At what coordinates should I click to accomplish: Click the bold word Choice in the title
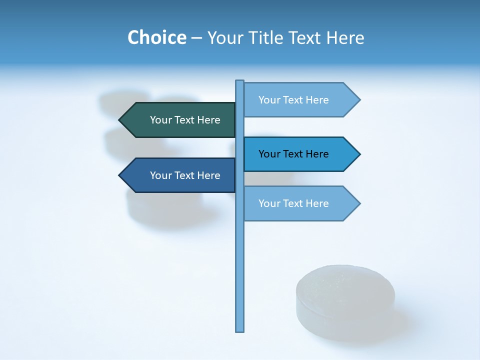coord(156,37)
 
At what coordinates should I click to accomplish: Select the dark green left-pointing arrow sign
coord(180,120)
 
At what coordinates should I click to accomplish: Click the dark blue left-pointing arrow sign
coord(180,175)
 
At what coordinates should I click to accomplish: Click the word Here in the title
coord(345,37)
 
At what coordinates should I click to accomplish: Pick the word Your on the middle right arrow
coord(269,154)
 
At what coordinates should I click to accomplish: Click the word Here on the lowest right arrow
coord(317,203)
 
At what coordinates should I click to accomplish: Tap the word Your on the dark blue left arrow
coord(160,175)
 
